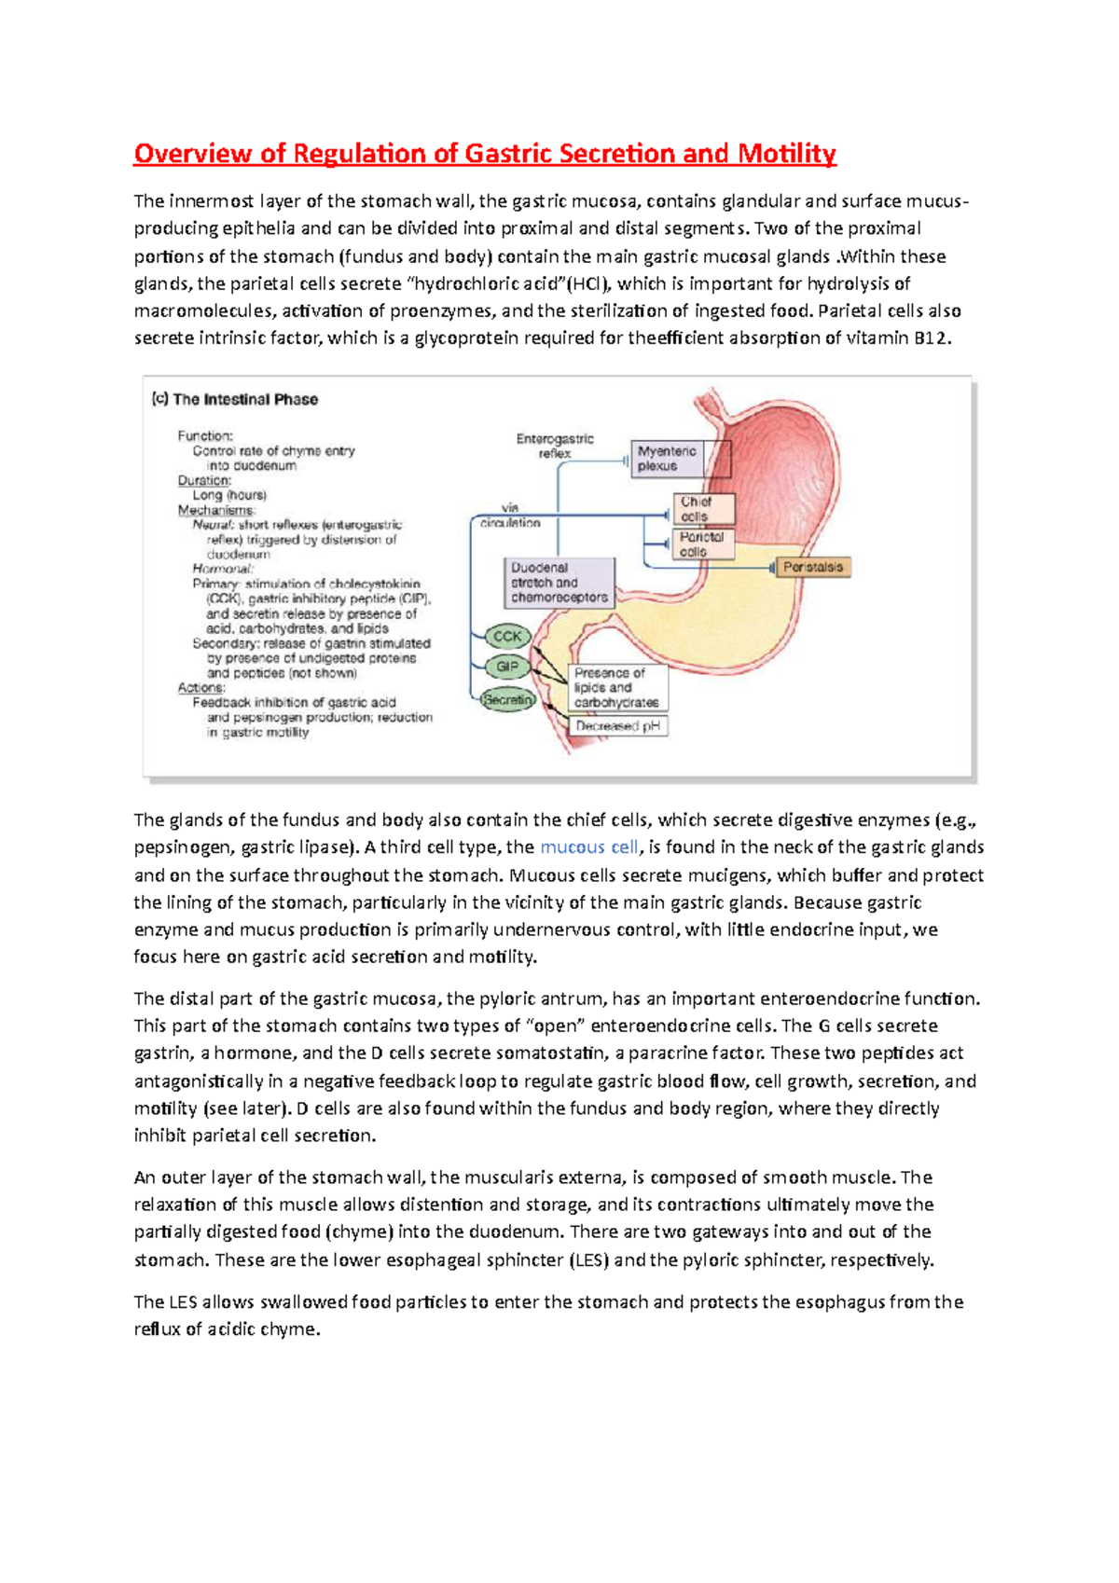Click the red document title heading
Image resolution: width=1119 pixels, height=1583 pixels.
[x=484, y=154]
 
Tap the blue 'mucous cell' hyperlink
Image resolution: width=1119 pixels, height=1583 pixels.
[x=589, y=847]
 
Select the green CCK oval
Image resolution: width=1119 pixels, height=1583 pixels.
[x=507, y=637]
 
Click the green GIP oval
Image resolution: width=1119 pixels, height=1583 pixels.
[x=507, y=667]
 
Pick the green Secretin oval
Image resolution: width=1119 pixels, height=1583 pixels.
[x=508, y=699]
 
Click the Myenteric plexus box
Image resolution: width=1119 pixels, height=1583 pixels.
[x=668, y=459]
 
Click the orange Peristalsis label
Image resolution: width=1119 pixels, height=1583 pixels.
[x=812, y=567]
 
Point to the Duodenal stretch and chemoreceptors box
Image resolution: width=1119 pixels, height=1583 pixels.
[x=559, y=583]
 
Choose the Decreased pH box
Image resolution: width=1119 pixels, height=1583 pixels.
[x=617, y=725]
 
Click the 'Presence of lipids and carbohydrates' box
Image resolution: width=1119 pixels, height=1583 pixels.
[x=616, y=688]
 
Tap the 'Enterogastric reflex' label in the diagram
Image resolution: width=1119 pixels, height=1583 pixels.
[x=555, y=446]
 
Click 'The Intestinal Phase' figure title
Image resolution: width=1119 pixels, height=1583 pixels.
[x=235, y=399]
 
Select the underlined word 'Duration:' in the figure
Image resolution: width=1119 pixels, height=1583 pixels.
[x=204, y=480]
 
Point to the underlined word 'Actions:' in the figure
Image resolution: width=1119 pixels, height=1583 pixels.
[x=201, y=687]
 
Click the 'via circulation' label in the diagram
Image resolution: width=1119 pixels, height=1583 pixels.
[x=510, y=516]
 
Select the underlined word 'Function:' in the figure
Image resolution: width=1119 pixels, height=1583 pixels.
[x=205, y=435]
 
